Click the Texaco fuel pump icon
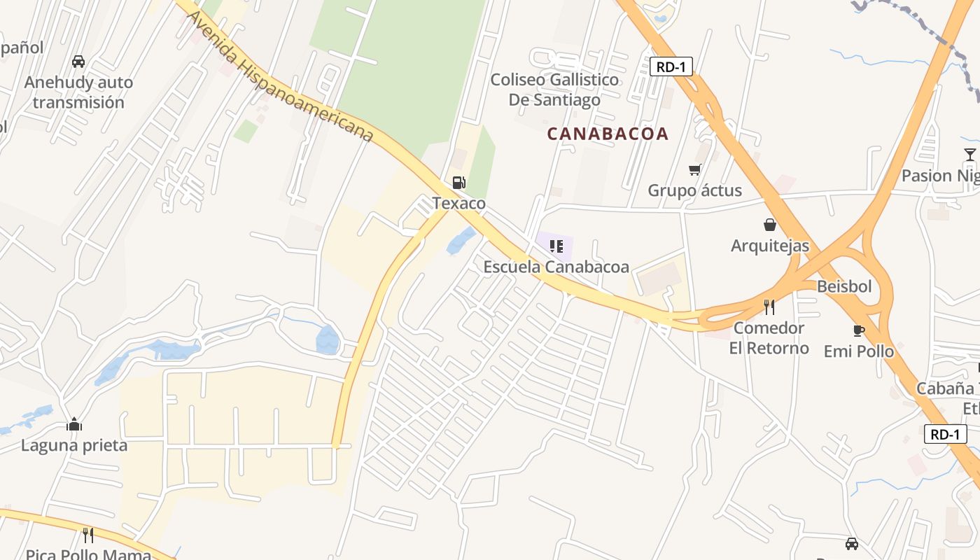(x=458, y=183)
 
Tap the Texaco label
(x=458, y=204)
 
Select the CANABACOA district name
(x=608, y=134)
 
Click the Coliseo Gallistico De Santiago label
(x=554, y=90)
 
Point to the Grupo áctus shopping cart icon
(x=694, y=169)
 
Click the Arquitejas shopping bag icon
(x=769, y=225)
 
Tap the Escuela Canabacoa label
(x=556, y=267)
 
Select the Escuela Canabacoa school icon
(x=556, y=246)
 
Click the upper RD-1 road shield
(x=671, y=66)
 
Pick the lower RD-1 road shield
(x=945, y=434)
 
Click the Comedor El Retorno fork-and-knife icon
(x=769, y=307)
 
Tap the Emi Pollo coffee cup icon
(x=858, y=330)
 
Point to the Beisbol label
(x=844, y=286)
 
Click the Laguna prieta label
(x=74, y=445)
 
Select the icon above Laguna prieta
(x=74, y=424)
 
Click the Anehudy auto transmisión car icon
(x=78, y=62)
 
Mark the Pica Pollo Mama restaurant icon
(x=88, y=535)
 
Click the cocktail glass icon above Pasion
(x=969, y=155)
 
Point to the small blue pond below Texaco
(x=461, y=240)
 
